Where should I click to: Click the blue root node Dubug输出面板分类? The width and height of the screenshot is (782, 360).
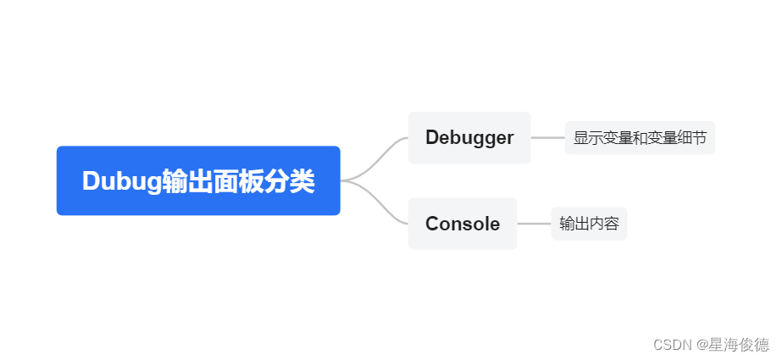pyautogui.click(x=198, y=180)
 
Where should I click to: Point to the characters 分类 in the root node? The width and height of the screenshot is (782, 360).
pyautogui.click(x=290, y=181)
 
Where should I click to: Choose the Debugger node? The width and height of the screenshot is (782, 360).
pyautogui.click(x=469, y=137)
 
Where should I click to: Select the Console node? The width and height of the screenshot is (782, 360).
pyautogui.click(x=463, y=224)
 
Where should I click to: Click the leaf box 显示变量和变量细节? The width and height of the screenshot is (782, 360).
pyautogui.click(x=640, y=138)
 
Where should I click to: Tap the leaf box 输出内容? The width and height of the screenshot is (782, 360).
pyautogui.click(x=589, y=224)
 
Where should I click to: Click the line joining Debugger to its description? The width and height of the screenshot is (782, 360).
pyautogui.click(x=547, y=137)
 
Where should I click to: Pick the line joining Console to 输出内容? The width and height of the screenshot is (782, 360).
pyautogui.click(x=534, y=224)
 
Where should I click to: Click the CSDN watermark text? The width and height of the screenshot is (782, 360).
pyautogui.click(x=671, y=345)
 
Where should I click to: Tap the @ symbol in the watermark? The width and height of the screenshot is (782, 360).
pyautogui.click(x=702, y=345)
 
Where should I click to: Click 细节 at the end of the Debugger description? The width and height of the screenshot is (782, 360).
pyautogui.click(x=692, y=138)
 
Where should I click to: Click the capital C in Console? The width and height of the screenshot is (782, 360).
pyautogui.click(x=433, y=224)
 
